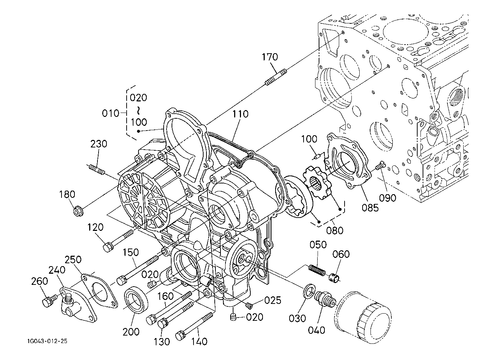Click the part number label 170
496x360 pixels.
point(270,57)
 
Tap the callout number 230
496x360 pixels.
point(99,144)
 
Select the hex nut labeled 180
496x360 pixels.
point(78,210)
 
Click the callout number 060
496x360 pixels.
point(341,254)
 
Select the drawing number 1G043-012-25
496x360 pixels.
point(47,341)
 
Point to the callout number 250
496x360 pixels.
point(73,260)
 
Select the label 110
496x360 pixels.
point(240,114)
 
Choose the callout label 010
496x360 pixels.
point(110,113)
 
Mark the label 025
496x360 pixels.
point(273,300)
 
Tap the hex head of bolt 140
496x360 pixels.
point(181,336)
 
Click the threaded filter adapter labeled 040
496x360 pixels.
point(325,301)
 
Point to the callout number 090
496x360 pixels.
point(387,198)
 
